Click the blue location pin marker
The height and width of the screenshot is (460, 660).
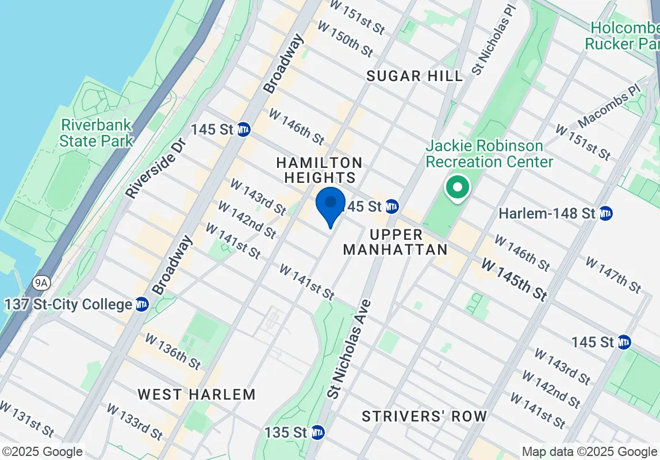click(331, 205)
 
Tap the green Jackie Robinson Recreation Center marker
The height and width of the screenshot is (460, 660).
click(458, 188)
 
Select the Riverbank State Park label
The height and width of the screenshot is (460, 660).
click(97, 133)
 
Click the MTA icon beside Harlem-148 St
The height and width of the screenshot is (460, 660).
click(605, 213)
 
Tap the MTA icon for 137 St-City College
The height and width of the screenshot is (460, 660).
click(142, 304)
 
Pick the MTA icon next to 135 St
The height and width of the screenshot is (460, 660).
click(317, 432)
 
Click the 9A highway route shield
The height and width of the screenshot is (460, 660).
click(40, 282)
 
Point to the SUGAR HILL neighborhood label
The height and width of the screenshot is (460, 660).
click(415, 76)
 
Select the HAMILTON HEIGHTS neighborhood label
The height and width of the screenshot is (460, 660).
click(319, 170)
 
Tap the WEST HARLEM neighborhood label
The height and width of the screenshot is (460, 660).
click(196, 394)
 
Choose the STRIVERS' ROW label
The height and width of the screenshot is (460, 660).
click(424, 416)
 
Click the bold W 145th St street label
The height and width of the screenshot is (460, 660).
click(514, 279)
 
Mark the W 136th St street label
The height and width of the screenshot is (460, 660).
click(172, 351)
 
